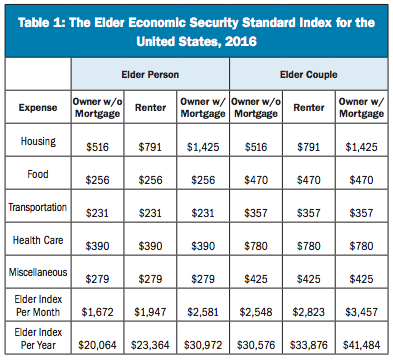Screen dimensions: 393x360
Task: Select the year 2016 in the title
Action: (x=241, y=42)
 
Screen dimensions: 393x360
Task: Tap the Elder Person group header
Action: (x=150, y=74)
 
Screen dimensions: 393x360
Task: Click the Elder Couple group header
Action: (x=309, y=74)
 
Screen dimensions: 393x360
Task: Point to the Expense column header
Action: (x=38, y=108)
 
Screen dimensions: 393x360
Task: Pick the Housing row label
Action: (x=38, y=141)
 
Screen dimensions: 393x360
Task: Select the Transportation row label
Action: (x=38, y=207)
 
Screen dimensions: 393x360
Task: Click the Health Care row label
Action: (x=38, y=240)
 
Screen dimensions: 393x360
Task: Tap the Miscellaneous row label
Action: (x=38, y=272)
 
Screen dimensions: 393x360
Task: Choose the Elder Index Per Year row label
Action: (x=38, y=338)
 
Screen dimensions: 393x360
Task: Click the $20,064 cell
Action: (x=97, y=345)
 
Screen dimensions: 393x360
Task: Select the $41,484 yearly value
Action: (x=362, y=345)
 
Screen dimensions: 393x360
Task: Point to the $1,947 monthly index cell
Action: (x=150, y=312)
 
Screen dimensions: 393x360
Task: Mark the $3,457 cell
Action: (x=362, y=312)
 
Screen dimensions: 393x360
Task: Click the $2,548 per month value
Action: (x=256, y=312)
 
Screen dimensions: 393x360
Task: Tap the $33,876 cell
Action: (x=309, y=345)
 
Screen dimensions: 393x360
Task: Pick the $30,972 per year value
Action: (x=203, y=345)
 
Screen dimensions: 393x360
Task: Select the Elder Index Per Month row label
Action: (x=38, y=305)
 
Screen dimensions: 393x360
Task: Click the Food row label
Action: (x=38, y=174)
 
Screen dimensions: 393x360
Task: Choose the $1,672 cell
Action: (x=97, y=312)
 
